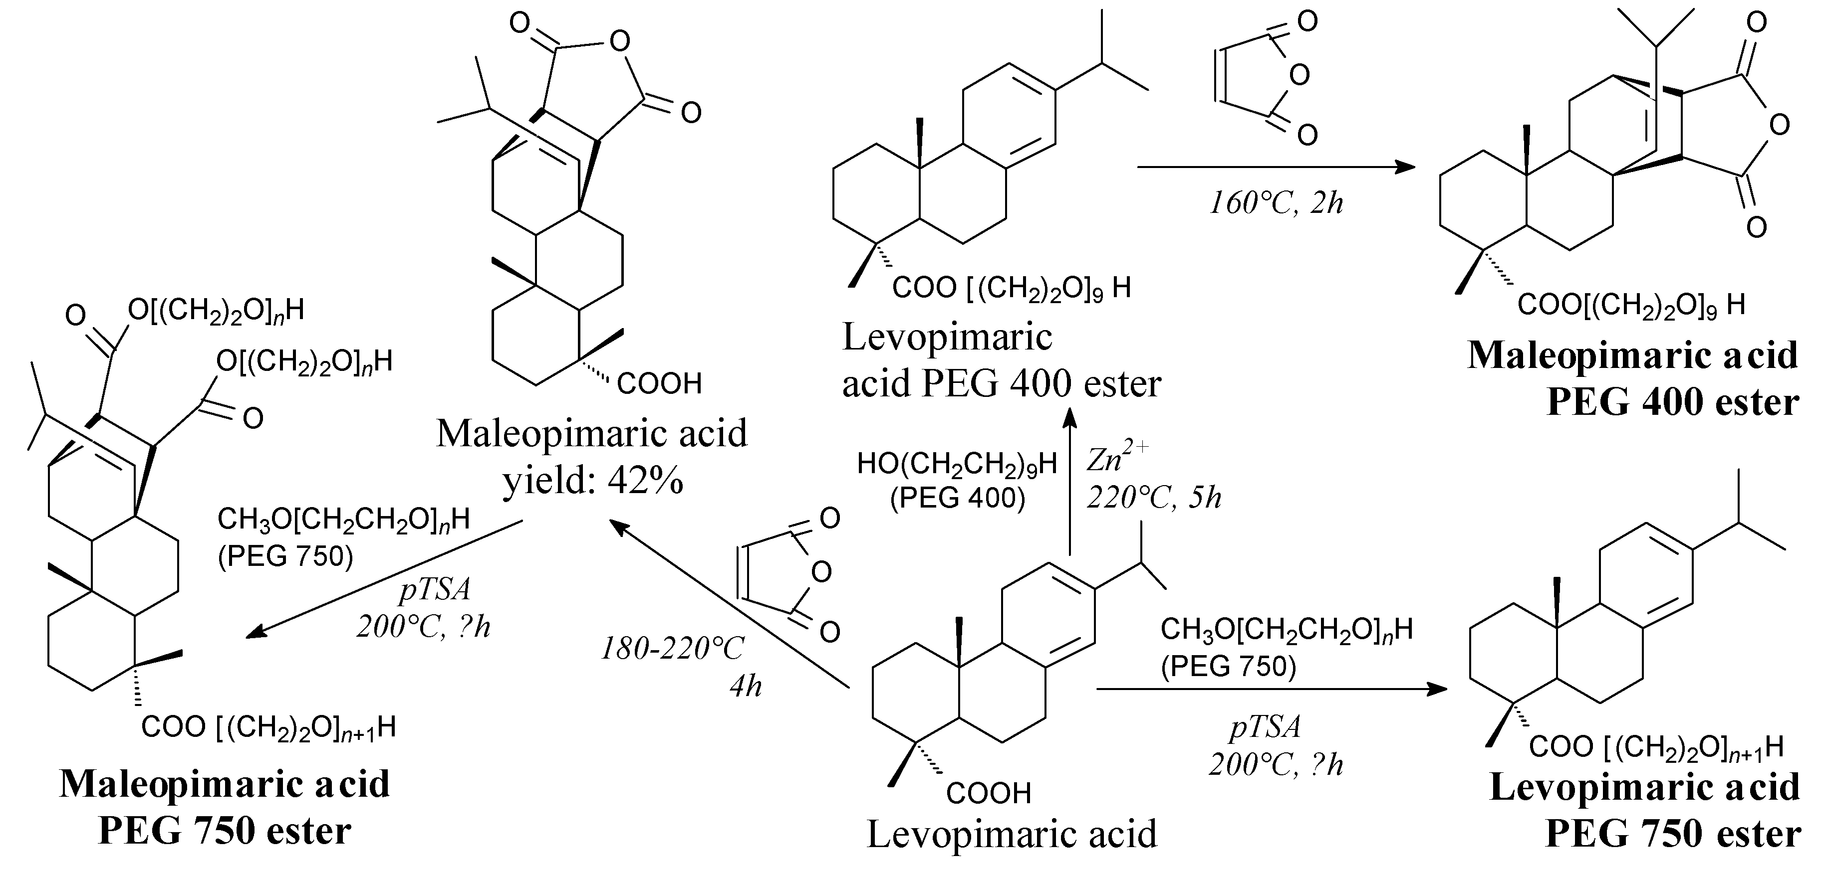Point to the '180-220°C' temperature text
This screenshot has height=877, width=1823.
(x=672, y=648)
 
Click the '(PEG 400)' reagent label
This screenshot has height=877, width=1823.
(x=958, y=498)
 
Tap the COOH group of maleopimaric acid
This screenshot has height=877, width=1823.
(x=659, y=384)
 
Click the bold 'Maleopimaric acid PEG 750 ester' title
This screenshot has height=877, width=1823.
(x=225, y=806)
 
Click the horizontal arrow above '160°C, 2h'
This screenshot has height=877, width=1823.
(x=1274, y=168)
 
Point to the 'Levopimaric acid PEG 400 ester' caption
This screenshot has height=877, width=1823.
(x=1001, y=360)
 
